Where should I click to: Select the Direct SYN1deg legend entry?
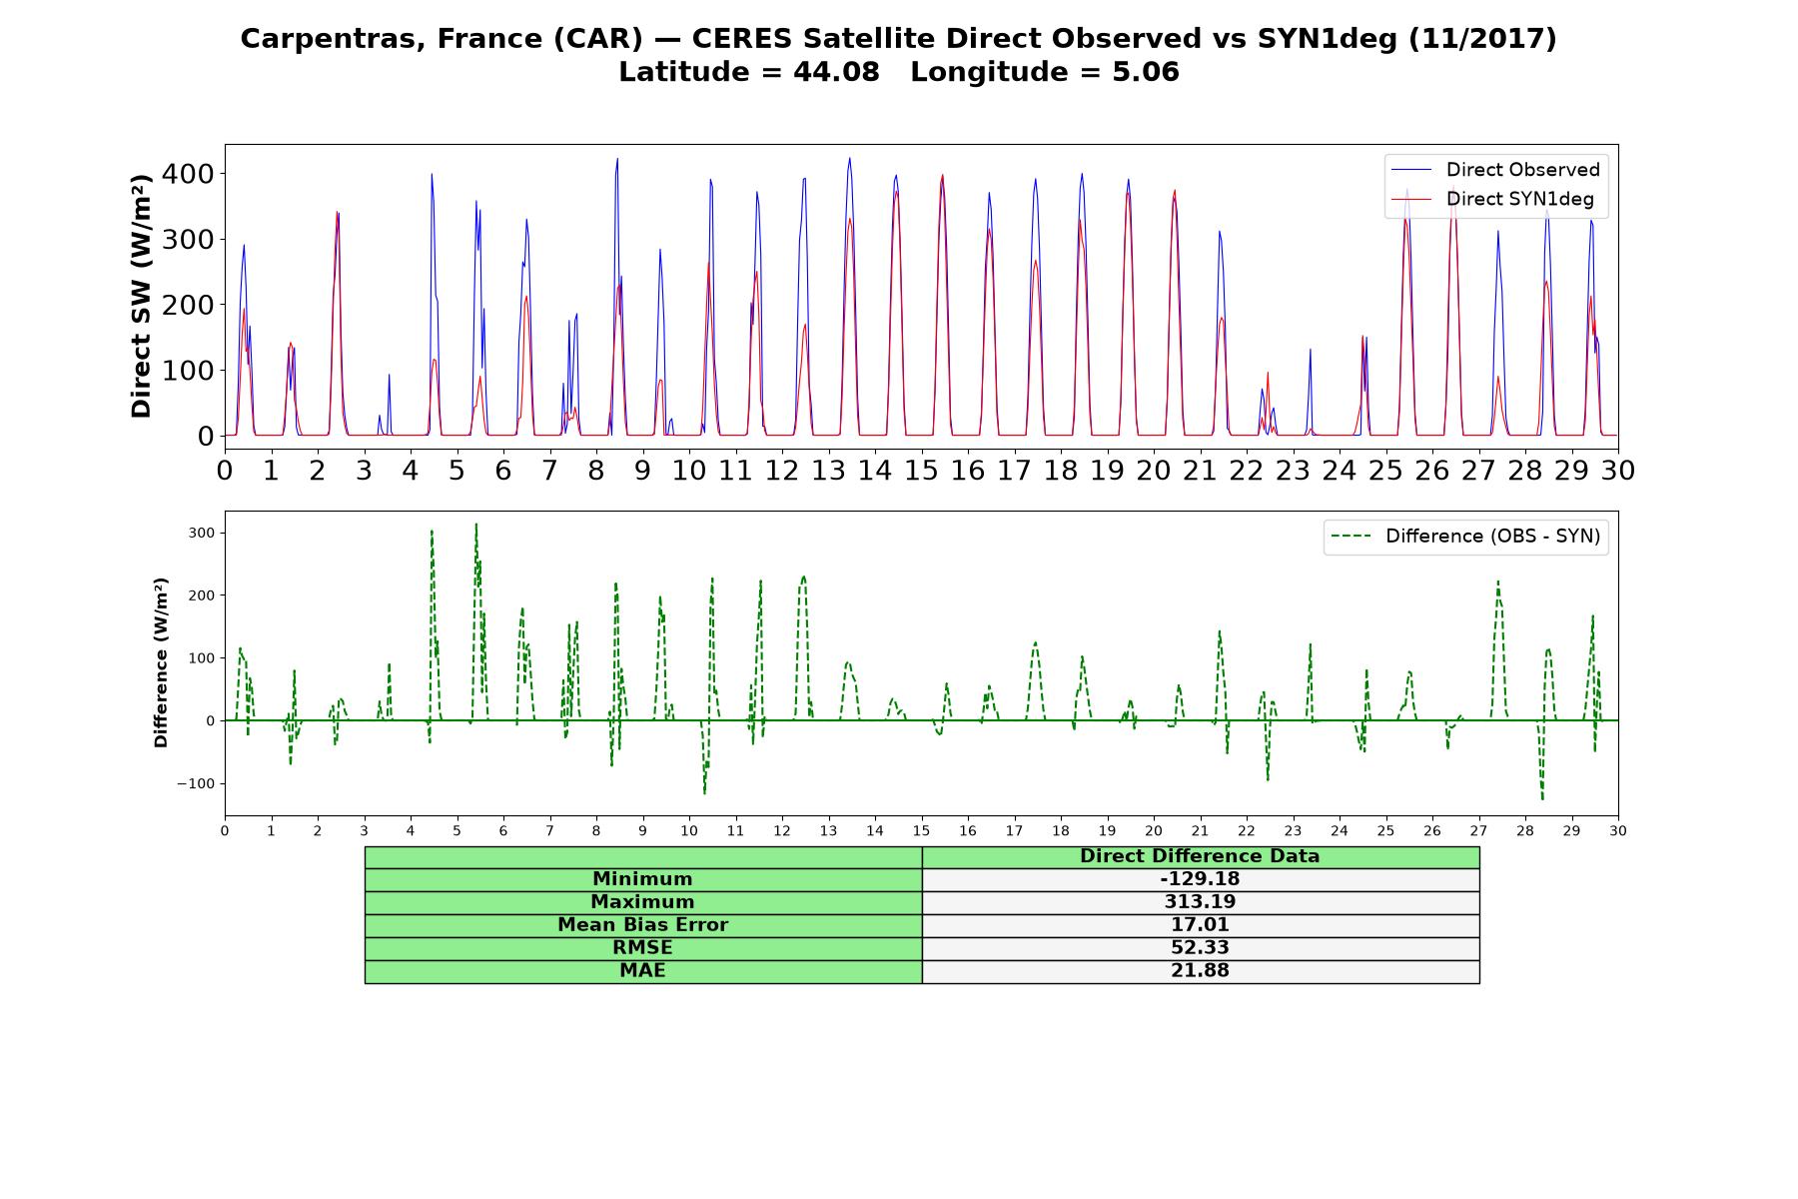pos(1493,199)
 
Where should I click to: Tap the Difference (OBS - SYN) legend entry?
pos(1465,537)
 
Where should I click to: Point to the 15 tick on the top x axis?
pos(921,470)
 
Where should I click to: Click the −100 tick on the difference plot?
pos(196,783)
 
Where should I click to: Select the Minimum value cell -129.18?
pos(1200,879)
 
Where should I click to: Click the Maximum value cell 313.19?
pos(1200,902)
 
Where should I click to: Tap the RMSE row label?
pos(642,948)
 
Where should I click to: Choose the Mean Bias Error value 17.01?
pos(1200,925)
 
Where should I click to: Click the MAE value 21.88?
pos(1200,971)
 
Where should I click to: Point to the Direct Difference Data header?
pos(1200,856)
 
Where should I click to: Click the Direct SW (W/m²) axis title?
pos(142,296)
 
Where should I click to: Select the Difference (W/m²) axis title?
pos(161,662)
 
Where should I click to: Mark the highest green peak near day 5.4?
pos(476,524)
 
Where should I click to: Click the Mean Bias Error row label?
pos(642,925)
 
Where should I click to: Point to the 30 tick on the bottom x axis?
pos(1618,830)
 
